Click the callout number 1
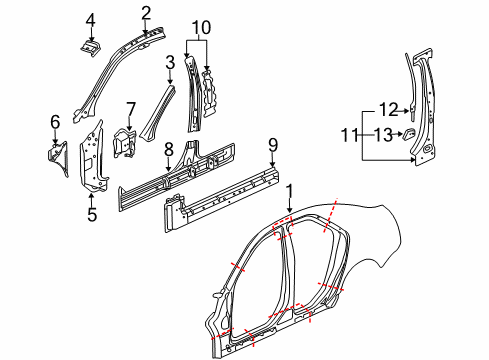coord(290,190)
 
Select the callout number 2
coord(145,12)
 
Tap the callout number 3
coord(170,62)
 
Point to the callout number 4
coord(90,19)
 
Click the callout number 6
coord(55,122)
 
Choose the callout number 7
coord(130,107)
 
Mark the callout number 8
coord(168,148)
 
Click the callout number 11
coord(350,133)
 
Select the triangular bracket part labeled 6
coord(56,156)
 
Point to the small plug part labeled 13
coord(410,134)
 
